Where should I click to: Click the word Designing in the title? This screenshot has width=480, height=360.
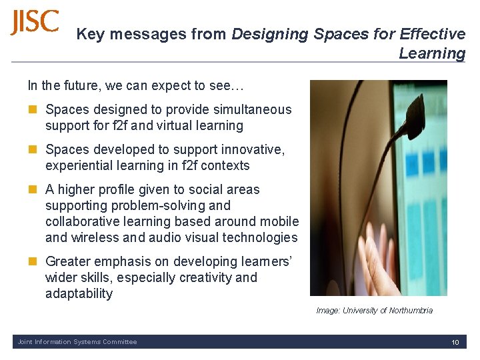point(269,34)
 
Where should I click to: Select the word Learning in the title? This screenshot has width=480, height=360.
point(432,53)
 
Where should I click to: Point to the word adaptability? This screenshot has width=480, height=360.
point(79,293)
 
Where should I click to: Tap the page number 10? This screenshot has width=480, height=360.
point(455,343)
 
